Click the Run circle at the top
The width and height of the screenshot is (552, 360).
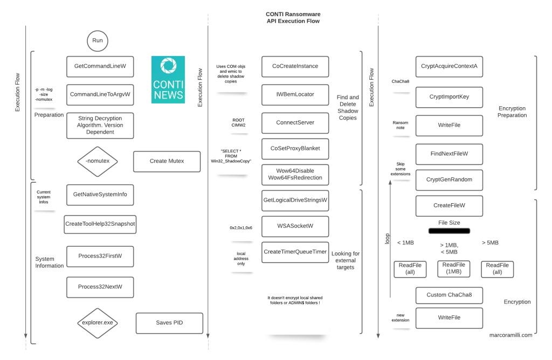click(98, 40)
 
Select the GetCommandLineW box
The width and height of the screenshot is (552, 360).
click(100, 66)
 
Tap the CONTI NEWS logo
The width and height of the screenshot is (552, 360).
click(168, 79)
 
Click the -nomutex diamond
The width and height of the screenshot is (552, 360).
click(98, 161)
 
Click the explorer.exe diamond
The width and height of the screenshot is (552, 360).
click(98, 323)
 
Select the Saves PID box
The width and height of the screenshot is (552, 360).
click(169, 323)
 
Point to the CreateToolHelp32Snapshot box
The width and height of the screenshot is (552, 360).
click(100, 224)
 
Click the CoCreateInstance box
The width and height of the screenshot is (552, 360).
click(295, 66)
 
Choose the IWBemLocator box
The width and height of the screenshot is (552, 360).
click(295, 94)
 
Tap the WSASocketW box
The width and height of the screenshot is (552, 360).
click(295, 226)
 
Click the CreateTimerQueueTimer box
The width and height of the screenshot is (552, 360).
click(295, 252)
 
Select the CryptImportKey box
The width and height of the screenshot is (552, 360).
click(449, 97)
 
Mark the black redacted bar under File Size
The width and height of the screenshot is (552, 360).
click(449, 231)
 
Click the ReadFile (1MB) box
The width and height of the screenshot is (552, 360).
click(453, 268)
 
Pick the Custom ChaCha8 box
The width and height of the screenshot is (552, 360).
click(449, 295)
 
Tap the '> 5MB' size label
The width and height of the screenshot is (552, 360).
click(490, 243)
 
